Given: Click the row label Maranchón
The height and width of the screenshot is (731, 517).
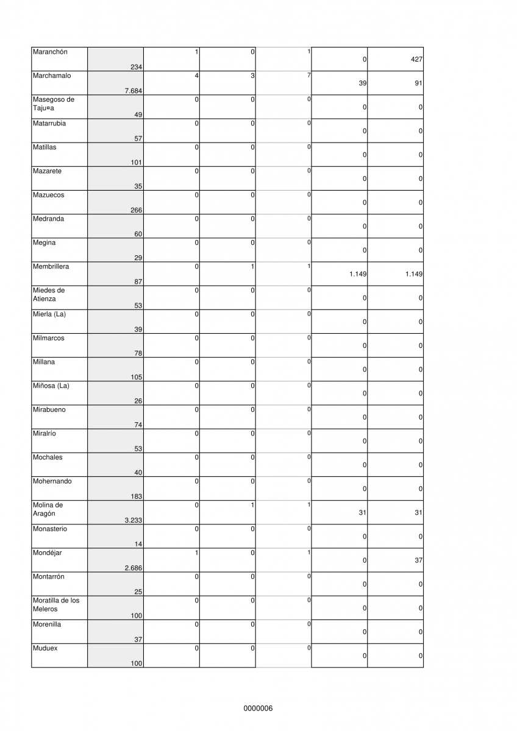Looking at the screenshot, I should pyautogui.click(x=50, y=52).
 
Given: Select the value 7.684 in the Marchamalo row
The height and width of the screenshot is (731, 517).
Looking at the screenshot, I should pyautogui.click(x=134, y=91).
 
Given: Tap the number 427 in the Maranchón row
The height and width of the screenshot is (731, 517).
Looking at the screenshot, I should pyautogui.click(x=417, y=60).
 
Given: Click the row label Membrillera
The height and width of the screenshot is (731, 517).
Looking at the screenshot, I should pyautogui.click(x=51, y=267).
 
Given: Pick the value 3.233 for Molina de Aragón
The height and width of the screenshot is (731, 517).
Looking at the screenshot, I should pyautogui.click(x=134, y=520).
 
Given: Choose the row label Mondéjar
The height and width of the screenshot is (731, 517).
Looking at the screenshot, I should pyautogui.click(x=47, y=553).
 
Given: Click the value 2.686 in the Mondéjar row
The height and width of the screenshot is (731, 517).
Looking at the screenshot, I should pyautogui.click(x=134, y=568).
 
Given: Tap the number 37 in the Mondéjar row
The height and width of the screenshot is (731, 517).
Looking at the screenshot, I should pyautogui.click(x=418, y=560).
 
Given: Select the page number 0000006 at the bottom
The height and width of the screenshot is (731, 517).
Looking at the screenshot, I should pyautogui.click(x=258, y=708).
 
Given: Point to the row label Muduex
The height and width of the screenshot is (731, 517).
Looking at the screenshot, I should pyautogui.click(x=45, y=648).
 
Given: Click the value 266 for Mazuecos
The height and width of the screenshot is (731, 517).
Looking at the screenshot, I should pyautogui.click(x=137, y=210).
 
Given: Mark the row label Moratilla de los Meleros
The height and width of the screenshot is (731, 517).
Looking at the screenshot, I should pyautogui.click(x=56, y=605).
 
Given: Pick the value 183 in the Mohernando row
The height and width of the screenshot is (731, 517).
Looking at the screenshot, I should pyautogui.click(x=137, y=496).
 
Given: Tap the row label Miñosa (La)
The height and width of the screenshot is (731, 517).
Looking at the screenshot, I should pyautogui.click(x=51, y=386).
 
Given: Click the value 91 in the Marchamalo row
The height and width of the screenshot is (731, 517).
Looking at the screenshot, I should pyautogui.click(x=418, y=83).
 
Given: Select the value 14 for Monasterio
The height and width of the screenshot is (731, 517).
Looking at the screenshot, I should pyautogui.click(x=138, y=544).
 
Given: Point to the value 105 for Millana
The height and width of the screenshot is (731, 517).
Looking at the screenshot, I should pyautogui.click(x=137, y=377).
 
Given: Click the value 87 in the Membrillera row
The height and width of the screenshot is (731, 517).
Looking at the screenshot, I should pyautogui.click(x=138, y=282).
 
